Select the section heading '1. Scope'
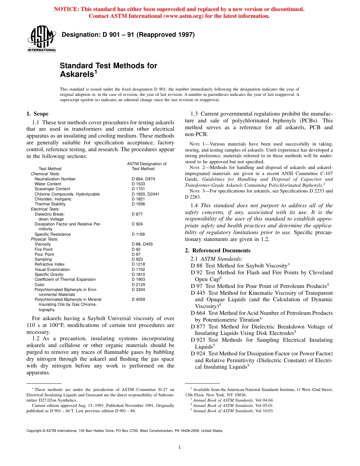point(37,114)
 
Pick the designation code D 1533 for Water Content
point(138,184)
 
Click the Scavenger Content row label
point(52,189)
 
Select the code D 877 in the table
point(137,214)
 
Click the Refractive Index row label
point(50,264)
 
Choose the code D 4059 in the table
point(138,299)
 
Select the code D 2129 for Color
point(138,285)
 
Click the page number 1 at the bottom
point(180,447)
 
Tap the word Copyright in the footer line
point(35,431)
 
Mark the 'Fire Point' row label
point(44,249)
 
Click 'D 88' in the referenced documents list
point(197,266)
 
